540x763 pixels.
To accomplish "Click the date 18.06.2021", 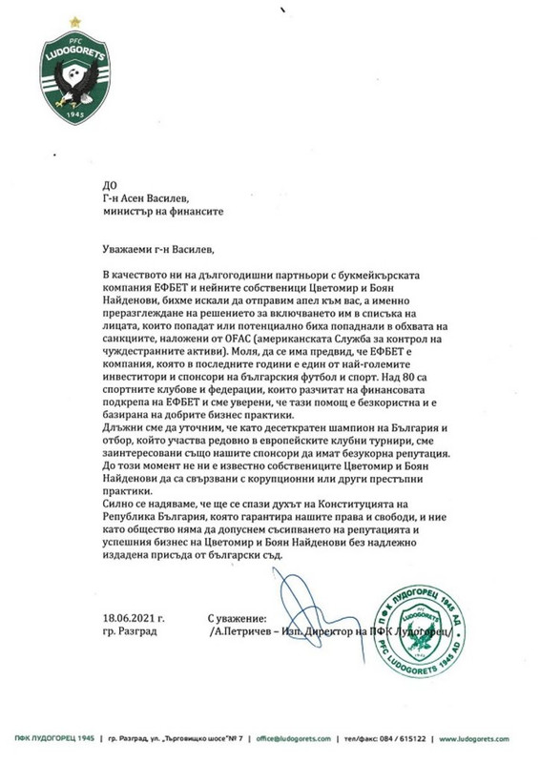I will [130, 619].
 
